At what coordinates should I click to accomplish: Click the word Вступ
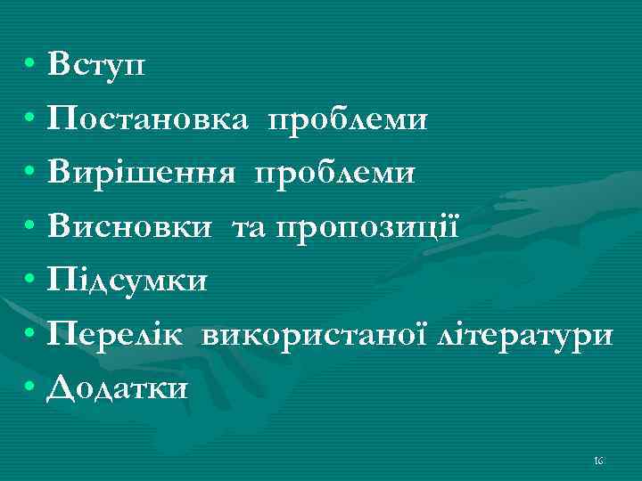tap(99, 64)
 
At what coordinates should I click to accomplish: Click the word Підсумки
tap(128, 281)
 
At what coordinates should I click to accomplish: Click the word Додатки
tap(119, 387)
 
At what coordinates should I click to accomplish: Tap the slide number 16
tap(598, 460)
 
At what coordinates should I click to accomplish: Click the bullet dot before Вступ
tap(30, 66)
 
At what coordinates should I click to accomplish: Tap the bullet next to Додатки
tap(30, 388)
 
